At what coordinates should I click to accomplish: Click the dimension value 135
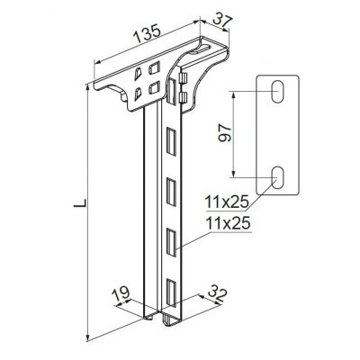[148, 33]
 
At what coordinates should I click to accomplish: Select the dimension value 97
[226, 133]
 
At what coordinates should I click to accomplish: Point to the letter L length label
[80, 202]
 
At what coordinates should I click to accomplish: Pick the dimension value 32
[217, 296]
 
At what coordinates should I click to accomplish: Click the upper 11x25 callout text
[227, 202]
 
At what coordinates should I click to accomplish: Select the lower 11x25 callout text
[228, 224]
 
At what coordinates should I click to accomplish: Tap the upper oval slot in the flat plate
[278, 92]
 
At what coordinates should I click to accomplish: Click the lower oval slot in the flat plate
[278, 177]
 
